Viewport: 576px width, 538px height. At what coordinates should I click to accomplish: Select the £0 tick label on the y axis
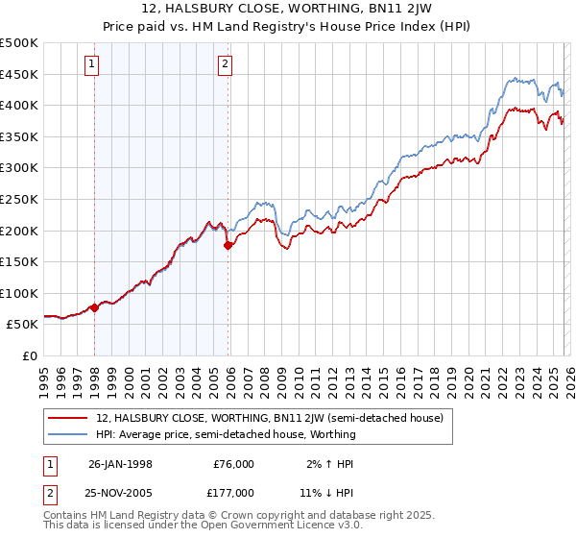29,355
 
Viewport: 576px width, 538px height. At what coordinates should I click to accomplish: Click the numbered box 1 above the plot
92,64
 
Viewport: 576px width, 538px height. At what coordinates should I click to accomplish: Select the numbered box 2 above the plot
225,64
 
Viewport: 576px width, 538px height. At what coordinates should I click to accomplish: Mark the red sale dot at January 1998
95,307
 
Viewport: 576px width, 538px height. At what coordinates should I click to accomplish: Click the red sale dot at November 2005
228,245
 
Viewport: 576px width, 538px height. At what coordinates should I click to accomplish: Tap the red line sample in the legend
69,418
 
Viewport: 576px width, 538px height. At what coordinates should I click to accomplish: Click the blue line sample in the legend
69,434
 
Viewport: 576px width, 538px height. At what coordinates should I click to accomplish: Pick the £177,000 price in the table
233,492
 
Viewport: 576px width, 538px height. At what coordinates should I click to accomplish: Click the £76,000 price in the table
233,463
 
